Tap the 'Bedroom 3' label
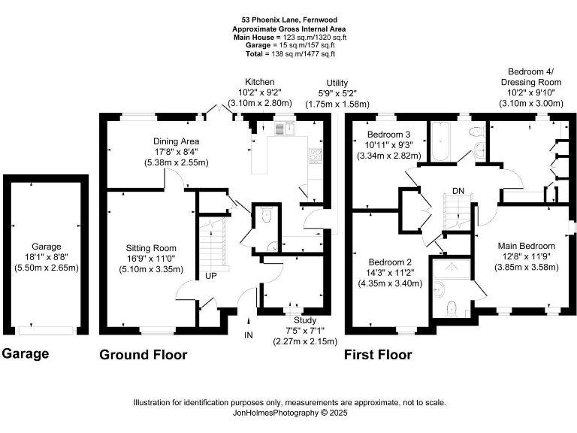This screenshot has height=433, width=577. coord(388,133)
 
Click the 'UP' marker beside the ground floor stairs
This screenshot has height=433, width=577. coord(211,276)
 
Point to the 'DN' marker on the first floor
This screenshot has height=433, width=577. coord(458,190)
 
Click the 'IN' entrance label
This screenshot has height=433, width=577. coord(249,335)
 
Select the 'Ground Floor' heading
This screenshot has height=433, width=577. coord(143,355)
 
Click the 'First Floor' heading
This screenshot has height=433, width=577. coord(378,355)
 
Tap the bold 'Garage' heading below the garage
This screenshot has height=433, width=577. coord(26,353)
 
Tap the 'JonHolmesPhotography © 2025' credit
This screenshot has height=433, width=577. coord(289,413)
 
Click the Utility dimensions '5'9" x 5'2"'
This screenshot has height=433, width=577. coord(337,93)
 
